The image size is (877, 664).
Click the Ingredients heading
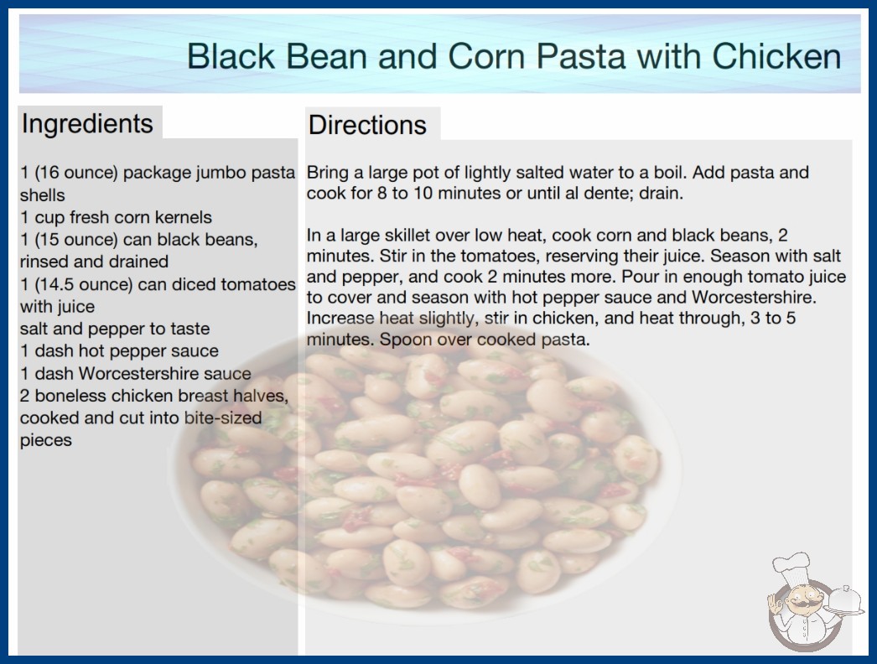[87, 124]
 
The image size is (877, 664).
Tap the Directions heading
[367, 125]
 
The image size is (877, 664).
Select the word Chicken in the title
[776, 56]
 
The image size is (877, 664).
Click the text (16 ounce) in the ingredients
[76, 173]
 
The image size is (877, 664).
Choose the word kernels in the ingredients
[184, 217]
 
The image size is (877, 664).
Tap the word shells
[43, 195]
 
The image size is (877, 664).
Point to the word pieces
[46, 441]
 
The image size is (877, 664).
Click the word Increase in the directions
[340, 318]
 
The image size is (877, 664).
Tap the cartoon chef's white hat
[792, 568]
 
